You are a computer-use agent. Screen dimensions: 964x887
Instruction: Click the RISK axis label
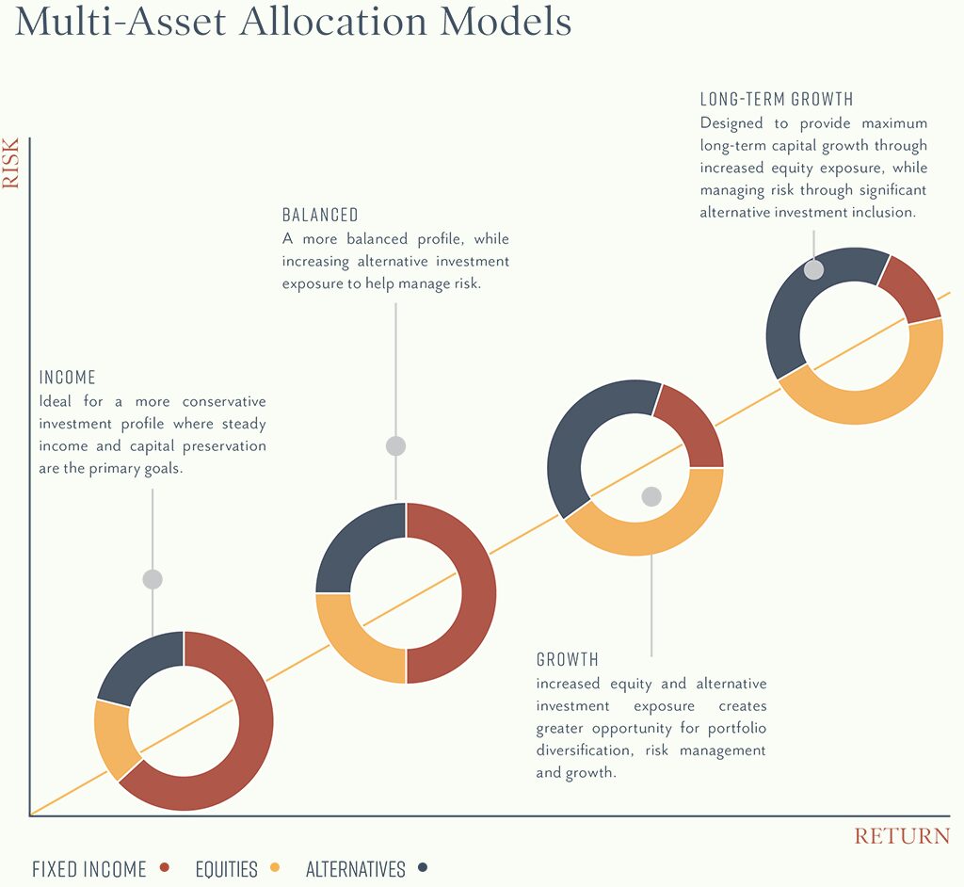click(10, 162)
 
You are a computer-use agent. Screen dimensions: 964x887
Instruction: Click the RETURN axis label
click(902, 836)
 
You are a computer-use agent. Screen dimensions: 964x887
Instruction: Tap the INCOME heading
click(67, 377)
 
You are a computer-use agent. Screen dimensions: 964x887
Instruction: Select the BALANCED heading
click(320, 215)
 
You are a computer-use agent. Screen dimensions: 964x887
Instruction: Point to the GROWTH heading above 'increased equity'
click(567, 659)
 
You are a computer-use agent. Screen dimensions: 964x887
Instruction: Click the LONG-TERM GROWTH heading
click(777, 99)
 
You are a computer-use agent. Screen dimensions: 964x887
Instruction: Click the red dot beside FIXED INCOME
click(164, 867)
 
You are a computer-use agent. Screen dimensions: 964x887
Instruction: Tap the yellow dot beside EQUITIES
click(275, 867)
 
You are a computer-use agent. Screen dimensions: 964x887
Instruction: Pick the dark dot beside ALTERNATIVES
click(423, 867)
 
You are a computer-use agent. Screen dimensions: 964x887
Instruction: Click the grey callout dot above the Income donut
click(153, 579)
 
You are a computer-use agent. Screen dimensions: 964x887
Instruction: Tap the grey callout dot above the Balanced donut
click(396, 446)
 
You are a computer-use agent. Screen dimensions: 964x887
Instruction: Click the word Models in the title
click(506, 21)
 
